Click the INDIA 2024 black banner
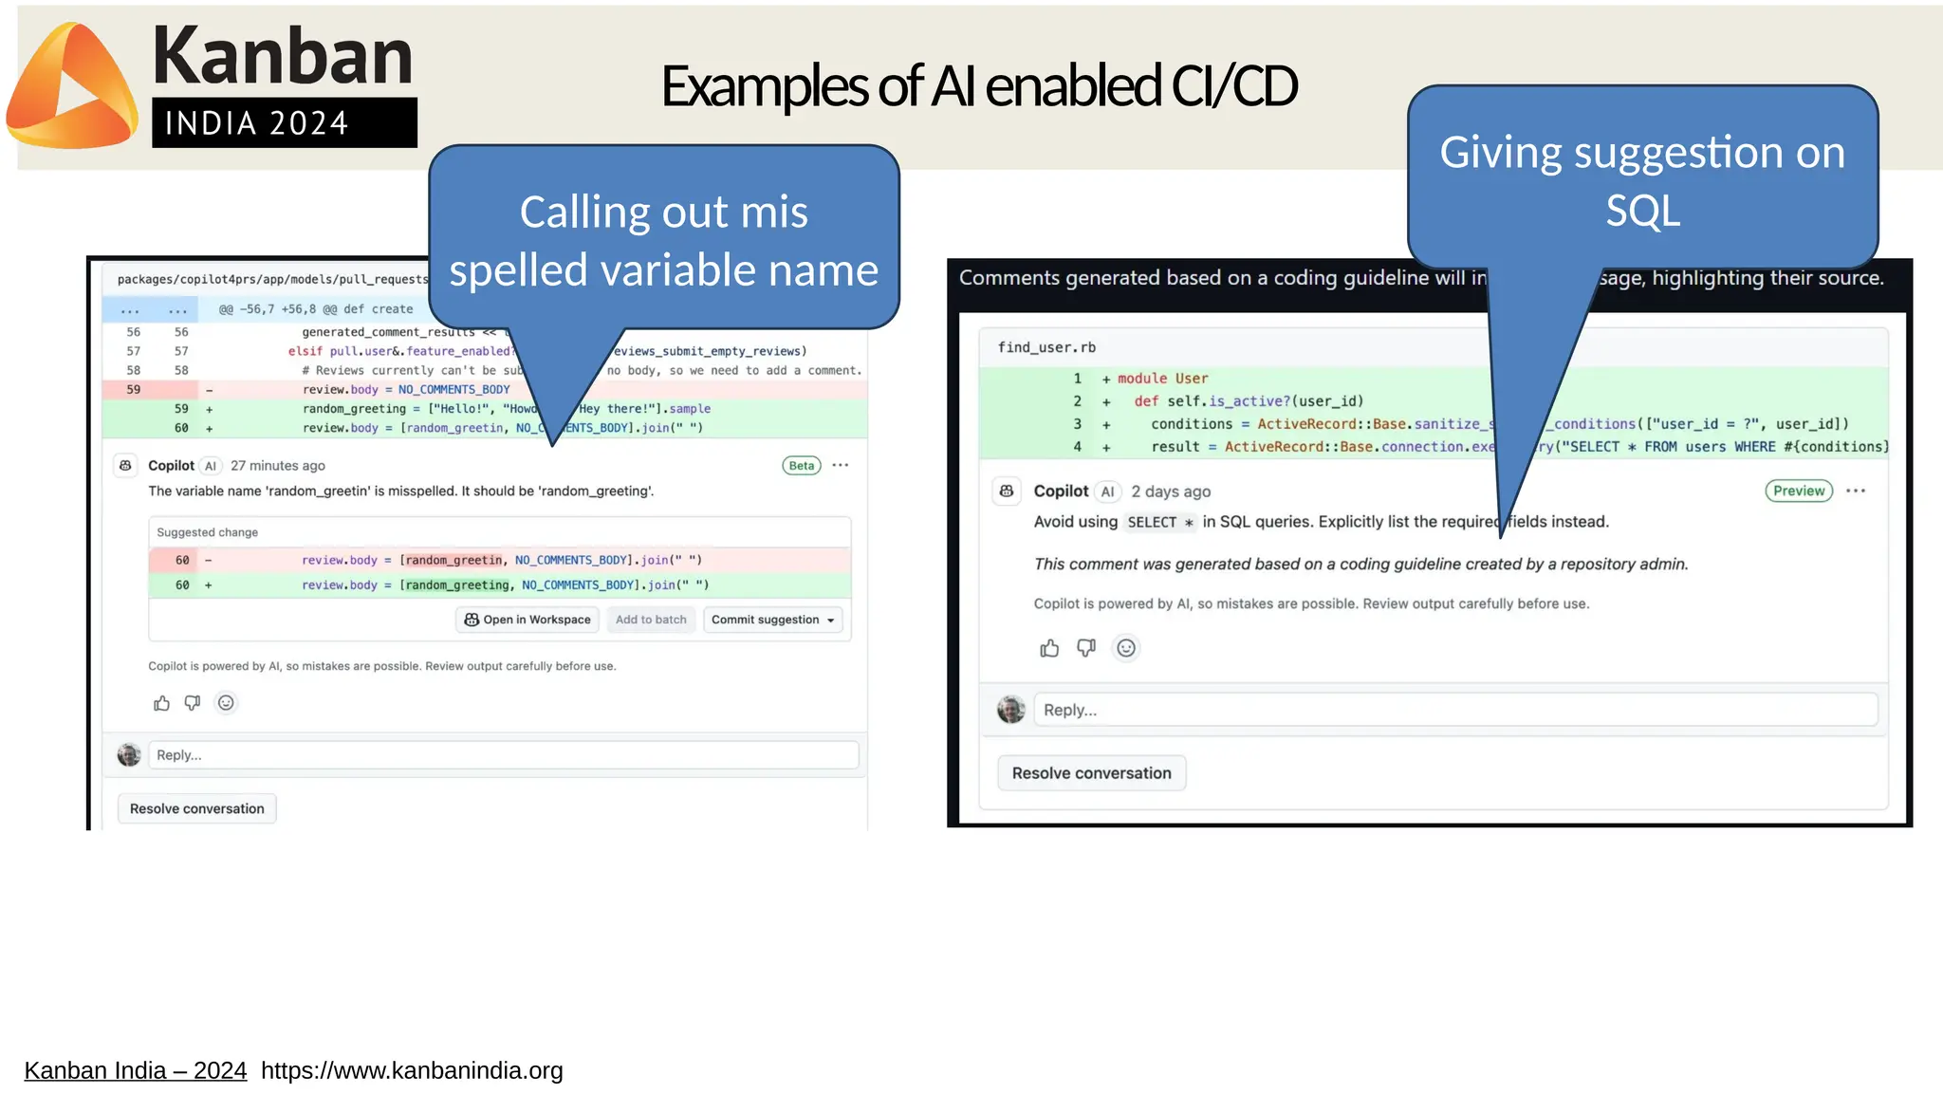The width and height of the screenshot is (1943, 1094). point(284,123)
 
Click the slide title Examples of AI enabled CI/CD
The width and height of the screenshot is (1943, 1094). point(978,86)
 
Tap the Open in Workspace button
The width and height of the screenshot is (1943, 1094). point(527,620)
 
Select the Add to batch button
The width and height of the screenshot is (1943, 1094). point(651,620)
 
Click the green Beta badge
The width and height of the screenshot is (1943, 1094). point(802,466)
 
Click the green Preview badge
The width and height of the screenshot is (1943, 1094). point(1798,491)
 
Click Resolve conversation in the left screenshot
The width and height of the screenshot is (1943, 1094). point(197,808)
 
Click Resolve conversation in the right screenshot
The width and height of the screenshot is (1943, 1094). point(1091,773)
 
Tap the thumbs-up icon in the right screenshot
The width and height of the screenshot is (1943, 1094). point(1049,648)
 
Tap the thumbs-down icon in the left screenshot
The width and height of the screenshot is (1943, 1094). point(193,703)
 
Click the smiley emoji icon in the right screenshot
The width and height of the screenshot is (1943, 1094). point(1126,648)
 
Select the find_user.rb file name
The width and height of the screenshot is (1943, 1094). point(1046,347)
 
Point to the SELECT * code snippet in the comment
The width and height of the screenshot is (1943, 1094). point(1159,522)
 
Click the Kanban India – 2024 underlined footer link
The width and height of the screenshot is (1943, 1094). point(136,1070)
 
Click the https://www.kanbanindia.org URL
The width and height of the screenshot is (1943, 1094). point(412,1070)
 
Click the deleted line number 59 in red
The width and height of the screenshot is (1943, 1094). point(134,390)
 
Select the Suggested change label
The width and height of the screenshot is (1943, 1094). point(207,532)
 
